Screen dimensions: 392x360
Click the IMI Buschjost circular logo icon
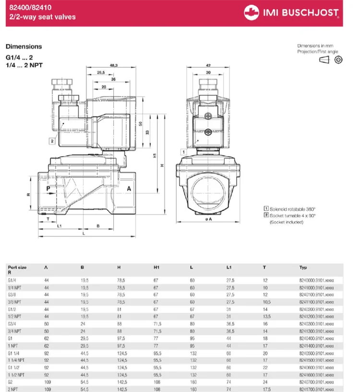click(251, 12)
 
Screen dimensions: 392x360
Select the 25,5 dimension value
click(100, 73)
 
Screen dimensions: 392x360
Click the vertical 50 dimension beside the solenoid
click(141, 123)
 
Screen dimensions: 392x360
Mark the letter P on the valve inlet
click(48, 189)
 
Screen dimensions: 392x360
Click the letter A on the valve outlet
click(129, 189)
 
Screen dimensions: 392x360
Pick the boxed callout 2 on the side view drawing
click(51, 141)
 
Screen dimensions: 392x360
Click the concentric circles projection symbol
click(338, 60)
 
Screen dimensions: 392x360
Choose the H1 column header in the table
click(156, 267)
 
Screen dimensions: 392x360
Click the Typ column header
click(303, 267)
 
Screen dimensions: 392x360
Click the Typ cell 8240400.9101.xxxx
click(316, 339)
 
